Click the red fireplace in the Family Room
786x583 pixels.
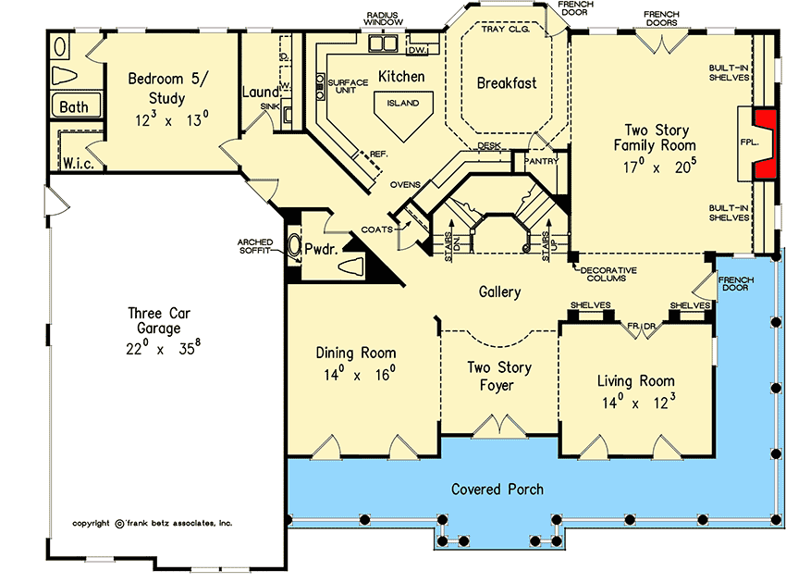tap(765, 143)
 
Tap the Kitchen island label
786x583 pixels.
tap(403, 104)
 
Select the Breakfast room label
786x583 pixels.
tap(506, 83)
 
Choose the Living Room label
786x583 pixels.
tap(635, 380)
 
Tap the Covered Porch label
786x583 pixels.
tap(497, 489)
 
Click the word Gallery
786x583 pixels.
tap(499, 291)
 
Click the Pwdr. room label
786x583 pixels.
tap(325, 248)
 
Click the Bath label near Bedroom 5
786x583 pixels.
tap(74, 107)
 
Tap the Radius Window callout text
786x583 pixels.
tap(382, 21)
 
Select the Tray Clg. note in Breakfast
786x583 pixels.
tap(506, 30)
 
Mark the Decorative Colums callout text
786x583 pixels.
tap(611, 273)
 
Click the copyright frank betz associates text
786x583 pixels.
tap(153, 523)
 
